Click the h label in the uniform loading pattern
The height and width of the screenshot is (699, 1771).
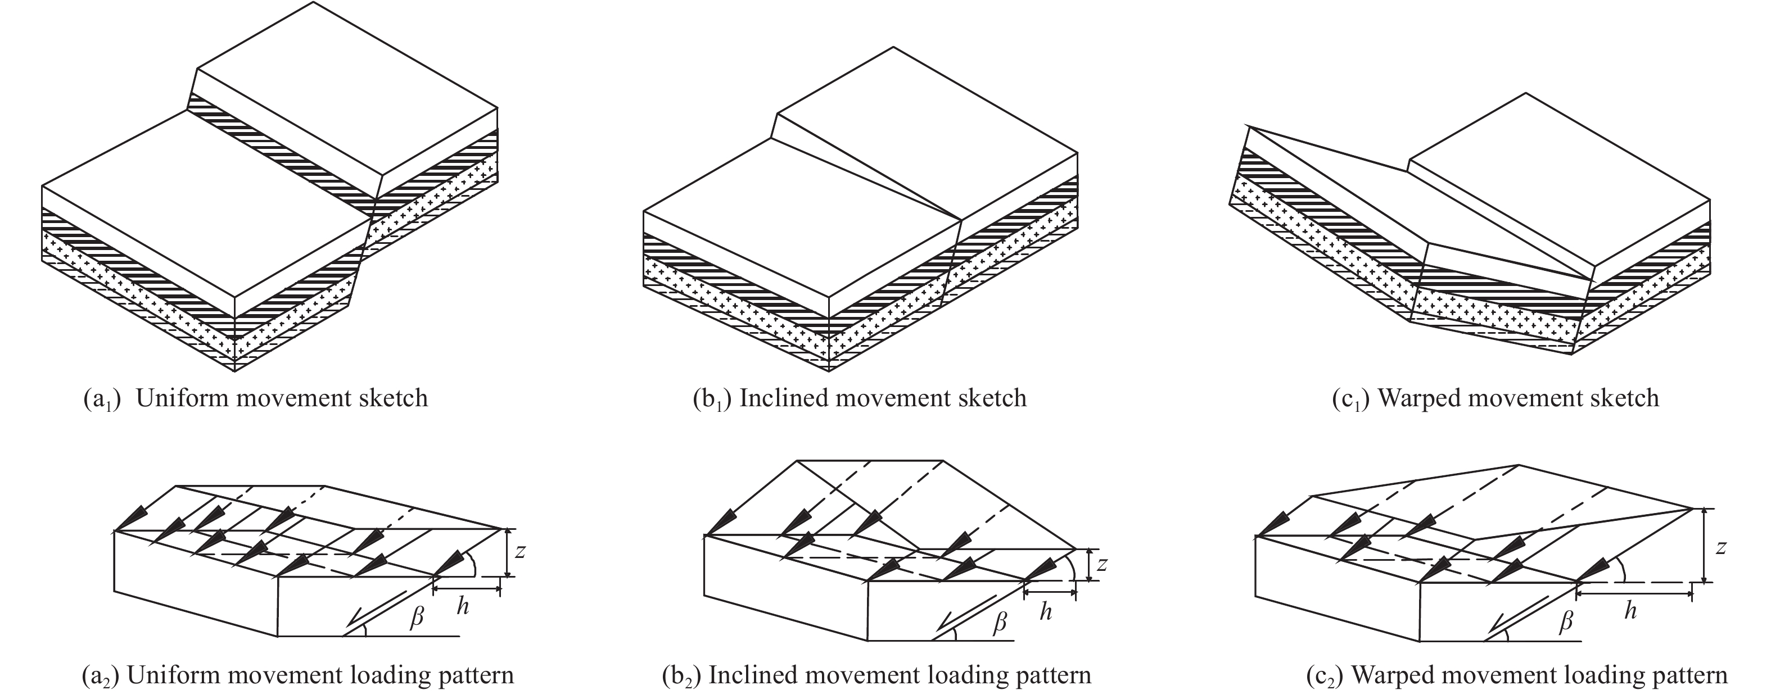463,606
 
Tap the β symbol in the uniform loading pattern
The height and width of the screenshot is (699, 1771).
416,616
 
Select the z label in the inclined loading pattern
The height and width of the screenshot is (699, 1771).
1102,564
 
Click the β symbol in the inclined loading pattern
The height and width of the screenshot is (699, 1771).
1000,623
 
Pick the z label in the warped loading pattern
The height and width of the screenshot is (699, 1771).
1720,547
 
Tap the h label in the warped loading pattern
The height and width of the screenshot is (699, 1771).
1630,610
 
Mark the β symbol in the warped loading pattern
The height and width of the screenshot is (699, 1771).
1565,623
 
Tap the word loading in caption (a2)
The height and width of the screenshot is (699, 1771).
391,675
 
